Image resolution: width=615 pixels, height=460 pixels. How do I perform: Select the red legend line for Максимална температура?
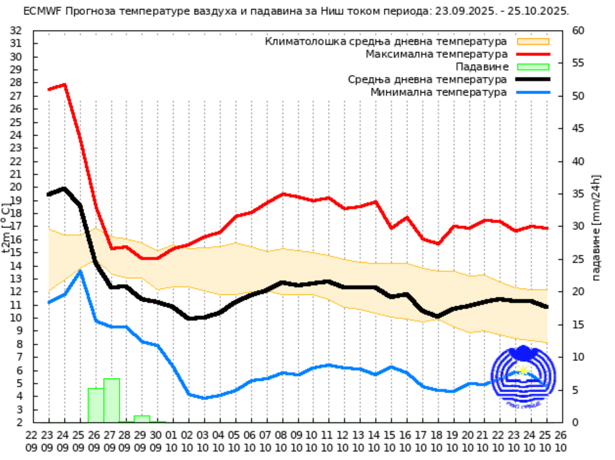[x=533, y=53]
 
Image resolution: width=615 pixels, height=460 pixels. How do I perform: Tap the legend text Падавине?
[x=481, y=66]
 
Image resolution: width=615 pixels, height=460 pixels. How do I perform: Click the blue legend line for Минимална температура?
[x=533, y=93]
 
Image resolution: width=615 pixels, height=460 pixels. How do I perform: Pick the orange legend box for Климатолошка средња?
[x=533, y=41]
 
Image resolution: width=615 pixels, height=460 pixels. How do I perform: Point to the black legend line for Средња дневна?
[x=533, y=79]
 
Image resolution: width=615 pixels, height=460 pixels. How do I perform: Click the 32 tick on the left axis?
[x=16, y=31]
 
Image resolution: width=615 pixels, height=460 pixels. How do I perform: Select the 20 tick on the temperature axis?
[x=16, y=188]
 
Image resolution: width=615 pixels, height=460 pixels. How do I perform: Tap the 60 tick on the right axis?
[x=577, y=31]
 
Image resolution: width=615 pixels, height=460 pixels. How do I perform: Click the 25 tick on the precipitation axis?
[x=577, y=259]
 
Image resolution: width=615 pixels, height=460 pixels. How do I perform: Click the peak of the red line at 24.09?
[x=64, y=85]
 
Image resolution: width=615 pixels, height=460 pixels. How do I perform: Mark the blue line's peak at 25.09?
[x=80, y=270]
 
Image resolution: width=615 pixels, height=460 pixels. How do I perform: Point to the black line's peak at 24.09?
[x=64, y=189]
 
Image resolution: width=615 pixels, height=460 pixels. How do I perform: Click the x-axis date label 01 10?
[x=172, y=440]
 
